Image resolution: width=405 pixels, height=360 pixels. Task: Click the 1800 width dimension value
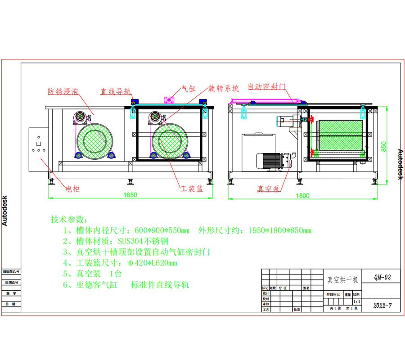click(x=303, y=195)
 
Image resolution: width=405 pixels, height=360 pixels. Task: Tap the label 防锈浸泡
click(x=63, y=91)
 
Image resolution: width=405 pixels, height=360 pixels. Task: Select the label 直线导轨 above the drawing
click(x=115, y=91)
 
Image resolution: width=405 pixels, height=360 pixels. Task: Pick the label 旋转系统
click(x=224, y=88)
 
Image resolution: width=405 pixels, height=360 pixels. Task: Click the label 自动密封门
click(x=267, y=86)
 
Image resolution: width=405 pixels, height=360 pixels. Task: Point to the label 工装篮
click(x=192, y=189)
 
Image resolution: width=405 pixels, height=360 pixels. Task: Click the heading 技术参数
click(x=67, y=220)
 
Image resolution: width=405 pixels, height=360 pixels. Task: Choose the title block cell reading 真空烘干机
click(x=342, y=280)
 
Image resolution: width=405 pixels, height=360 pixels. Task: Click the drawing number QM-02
click(x=382, y=278)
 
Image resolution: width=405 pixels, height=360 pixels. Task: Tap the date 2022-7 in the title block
click(x=382, y=305)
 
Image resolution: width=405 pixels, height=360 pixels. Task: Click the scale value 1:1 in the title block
click(x=357, y=301)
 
